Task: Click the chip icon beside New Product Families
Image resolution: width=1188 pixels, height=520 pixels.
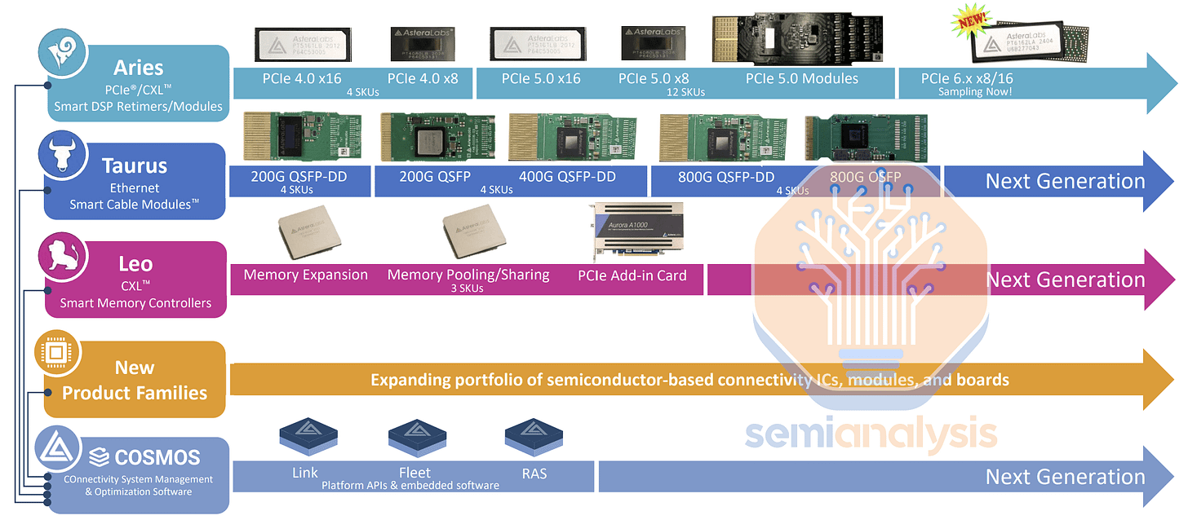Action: (57, 352)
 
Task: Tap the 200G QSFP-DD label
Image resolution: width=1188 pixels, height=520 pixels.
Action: (295, 177)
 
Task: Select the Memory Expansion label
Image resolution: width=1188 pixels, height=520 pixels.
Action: (305, 275)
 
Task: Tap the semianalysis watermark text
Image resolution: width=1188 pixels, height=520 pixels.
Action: (870, 434)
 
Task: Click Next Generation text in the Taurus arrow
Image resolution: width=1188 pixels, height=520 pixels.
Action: (1065, 181)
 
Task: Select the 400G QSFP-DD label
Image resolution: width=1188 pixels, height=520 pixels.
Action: (567, 177)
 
